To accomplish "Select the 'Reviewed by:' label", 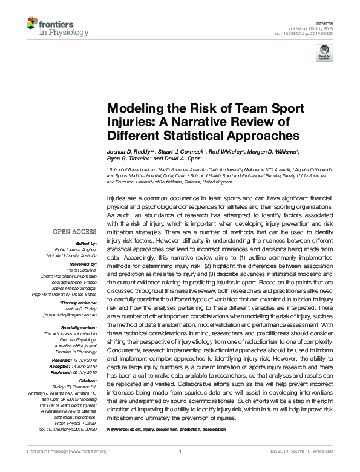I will pyautogui.click(x=82, y=260).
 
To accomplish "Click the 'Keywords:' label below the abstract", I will pyautogui.click(x=120, y=428).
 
